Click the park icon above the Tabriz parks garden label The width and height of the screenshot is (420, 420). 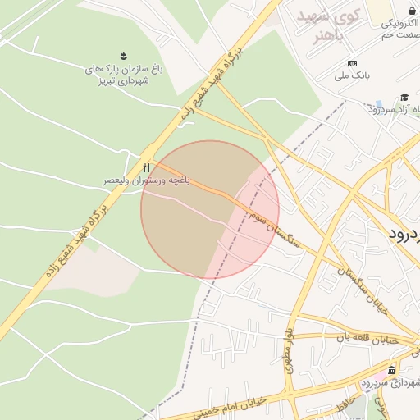click(x=123, y=55)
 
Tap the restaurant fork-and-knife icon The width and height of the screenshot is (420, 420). click(x=146, y=167)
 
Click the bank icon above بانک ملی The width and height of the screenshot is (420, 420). click(x=353, y=64)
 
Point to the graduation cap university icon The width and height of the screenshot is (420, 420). click(x=404, y=98)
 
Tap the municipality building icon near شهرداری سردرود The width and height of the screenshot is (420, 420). click(x=391, y=370)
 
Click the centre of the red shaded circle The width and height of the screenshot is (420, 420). click(x=210, y=210)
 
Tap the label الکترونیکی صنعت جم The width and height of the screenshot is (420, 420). click(x=399, y=30)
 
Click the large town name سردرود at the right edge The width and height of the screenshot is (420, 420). click(x=405, y=233)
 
